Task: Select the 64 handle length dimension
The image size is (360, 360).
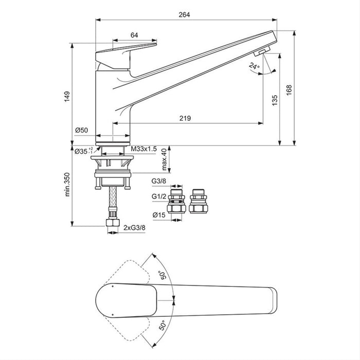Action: click(x=134, y=35)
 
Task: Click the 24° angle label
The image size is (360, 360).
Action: click(x=254, y=66)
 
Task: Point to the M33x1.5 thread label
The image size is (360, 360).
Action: click(x=143, y=149)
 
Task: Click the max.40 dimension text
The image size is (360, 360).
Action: click(x=164, y=159)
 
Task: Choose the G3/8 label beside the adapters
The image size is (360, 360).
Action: click(x=158, y=182)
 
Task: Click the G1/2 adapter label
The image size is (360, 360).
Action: click(x=158, y=196)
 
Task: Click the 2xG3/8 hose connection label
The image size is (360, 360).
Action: click(x=135, y=227)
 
